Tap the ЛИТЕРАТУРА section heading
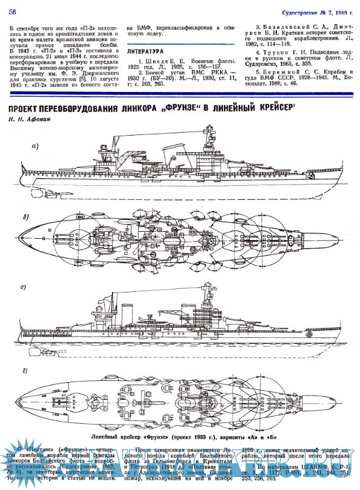[148, 52]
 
